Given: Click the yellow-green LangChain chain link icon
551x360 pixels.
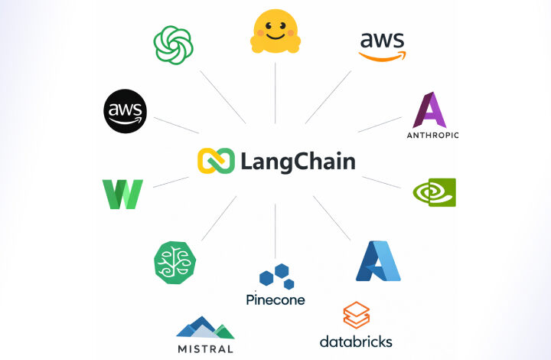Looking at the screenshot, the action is click(216, 161).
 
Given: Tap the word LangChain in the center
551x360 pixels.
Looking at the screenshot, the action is click(298, 162).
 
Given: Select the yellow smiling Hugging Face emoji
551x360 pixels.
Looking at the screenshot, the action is click(275, 31).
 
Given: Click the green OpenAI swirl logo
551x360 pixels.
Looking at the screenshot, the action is click(173, 45).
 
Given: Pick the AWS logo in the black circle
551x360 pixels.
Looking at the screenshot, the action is click(125, 111).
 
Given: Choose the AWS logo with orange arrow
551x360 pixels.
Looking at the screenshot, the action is click(383, 47).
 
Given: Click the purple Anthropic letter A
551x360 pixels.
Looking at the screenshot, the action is click(429, 110).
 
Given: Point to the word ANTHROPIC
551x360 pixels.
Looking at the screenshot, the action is click(432, 135).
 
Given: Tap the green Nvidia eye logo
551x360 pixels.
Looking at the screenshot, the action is click(435, 192).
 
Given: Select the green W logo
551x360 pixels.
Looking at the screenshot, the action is click(122, 194).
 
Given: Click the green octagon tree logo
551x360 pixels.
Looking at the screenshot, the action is click(174, 263).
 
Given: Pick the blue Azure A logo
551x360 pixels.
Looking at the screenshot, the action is click(378, 261).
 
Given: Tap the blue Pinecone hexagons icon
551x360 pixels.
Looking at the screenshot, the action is click(276, 277).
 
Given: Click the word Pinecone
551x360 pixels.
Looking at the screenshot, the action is click(275, 299).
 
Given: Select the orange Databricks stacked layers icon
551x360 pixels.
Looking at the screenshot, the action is click(357, 315).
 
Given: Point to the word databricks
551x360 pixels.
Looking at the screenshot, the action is click(356, 342).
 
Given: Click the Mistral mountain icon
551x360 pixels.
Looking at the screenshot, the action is click(205, 327).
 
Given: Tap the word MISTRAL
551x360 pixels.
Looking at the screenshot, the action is click(205, 349).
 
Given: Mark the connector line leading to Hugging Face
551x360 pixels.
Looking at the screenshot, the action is click(275, 93).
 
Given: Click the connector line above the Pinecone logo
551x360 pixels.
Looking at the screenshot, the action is click(275, 231).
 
